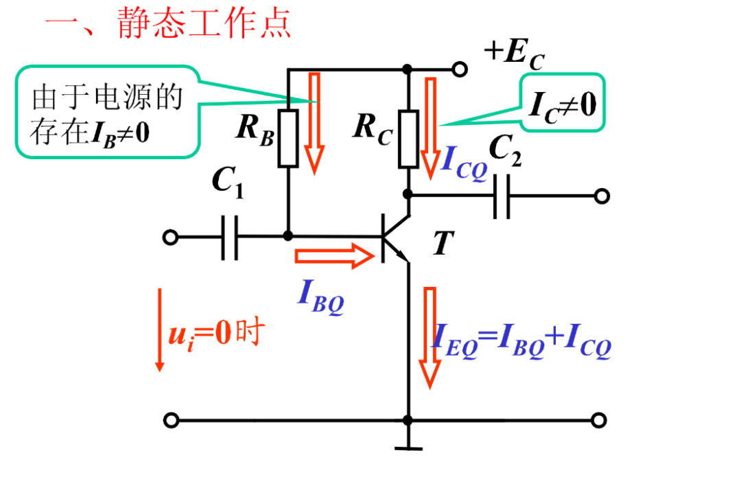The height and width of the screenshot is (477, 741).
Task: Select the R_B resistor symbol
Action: (288, 137)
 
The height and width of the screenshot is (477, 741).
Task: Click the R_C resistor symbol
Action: (408, 139)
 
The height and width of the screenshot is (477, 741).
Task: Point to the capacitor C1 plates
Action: (230, 237)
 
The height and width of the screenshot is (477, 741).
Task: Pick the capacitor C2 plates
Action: (502, 196)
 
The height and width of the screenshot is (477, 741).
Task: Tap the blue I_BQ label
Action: (320, 296)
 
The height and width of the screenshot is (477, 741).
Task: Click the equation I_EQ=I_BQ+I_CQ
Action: (521, 341)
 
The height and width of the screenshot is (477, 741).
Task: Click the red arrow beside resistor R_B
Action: (314, 122)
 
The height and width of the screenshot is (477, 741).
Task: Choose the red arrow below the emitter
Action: (430, 336)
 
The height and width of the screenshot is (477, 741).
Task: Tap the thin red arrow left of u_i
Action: (160, 329)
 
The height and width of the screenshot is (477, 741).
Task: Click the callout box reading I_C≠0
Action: (563, 104)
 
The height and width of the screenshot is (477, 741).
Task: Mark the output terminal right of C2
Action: (602, 196)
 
